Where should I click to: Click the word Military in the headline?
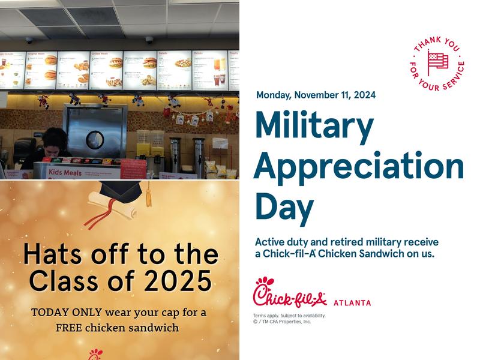tap(314, 125)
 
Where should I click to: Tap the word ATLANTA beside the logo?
tap(352, 303)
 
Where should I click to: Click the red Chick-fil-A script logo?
tap(289, 293)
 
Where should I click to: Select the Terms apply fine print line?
tap(289, 316)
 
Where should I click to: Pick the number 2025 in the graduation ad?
tap(180, 280)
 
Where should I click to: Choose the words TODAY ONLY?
tap(66, 313)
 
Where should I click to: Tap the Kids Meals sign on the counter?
tap(64, 172)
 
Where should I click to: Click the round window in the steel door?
tap(95, 140)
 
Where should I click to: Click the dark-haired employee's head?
tap(55, 137)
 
